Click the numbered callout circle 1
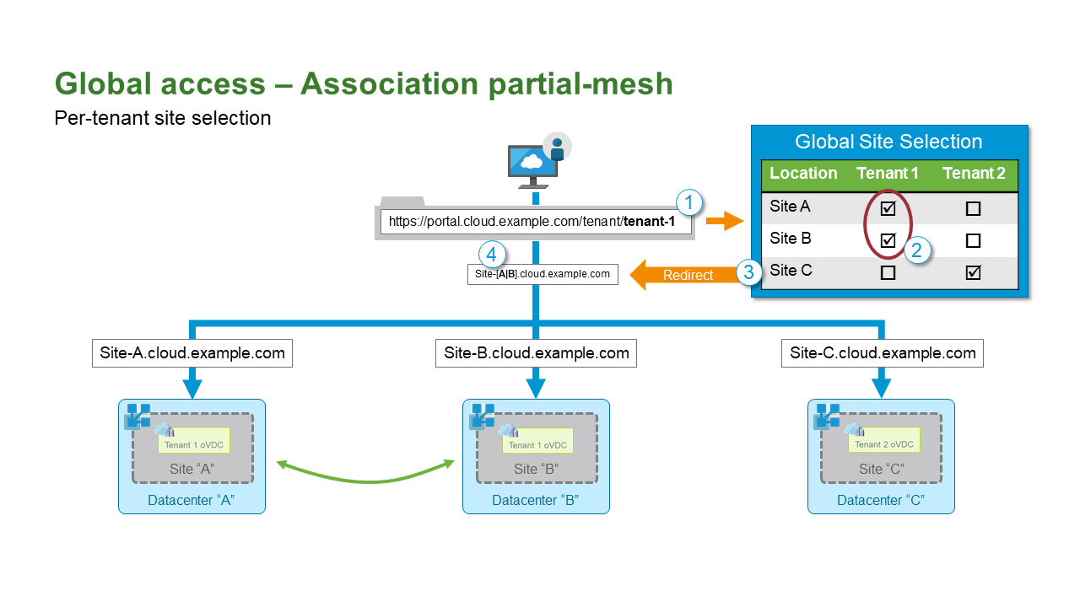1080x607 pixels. coord(689,202)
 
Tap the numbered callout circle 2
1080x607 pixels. coord(917,250)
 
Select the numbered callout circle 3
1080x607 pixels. coord(748,272)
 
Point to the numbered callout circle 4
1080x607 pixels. coord(492,254)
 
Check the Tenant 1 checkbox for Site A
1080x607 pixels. coord(888,207)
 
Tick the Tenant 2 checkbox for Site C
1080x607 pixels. coord(973,272)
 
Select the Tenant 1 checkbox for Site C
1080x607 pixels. coord(888,272)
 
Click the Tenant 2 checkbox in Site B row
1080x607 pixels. coord(973,240)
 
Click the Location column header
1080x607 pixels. coord(803,174)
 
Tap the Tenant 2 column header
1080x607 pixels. coord(974,174)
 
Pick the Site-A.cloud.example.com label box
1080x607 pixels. coord(192,353)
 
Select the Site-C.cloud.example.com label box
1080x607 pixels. coord(883,353)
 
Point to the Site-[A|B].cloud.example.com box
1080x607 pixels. coord(543,274)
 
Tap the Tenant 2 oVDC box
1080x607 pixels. coord(884,443)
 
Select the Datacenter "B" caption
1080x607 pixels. coord(536,501)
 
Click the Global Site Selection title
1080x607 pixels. coord(889,142)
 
